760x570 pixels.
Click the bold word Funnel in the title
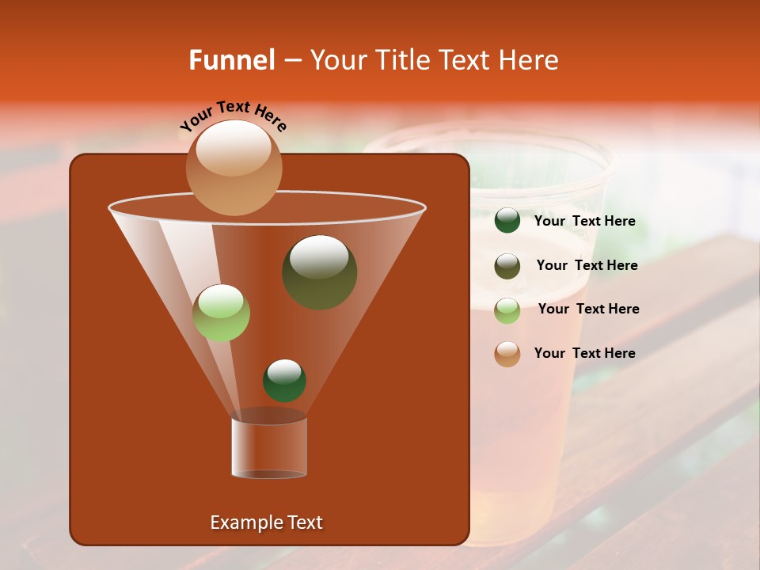pos(232,60)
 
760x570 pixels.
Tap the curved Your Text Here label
pos(233,114)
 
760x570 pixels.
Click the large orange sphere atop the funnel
pos(234,168)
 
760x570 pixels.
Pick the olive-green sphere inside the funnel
pos(319,272)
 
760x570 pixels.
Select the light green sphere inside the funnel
pos(221,313)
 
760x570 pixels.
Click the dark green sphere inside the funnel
pos(284,380)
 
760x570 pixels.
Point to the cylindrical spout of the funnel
pos(268,448)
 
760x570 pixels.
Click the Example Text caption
pos(266,522)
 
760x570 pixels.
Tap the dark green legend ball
pos(507,221)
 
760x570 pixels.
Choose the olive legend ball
pos(507,265)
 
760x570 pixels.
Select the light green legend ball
pos(507,310)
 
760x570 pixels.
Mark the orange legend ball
pos(507,353)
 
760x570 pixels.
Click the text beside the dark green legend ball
pos(584,222)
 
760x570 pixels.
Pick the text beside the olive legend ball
pos(587,265)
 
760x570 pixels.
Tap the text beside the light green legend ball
pos(588,309)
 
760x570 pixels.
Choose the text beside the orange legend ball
pos(584,353)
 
